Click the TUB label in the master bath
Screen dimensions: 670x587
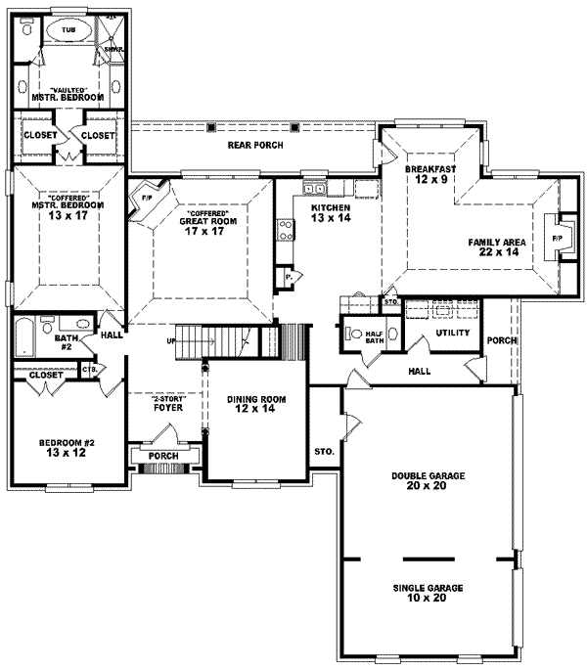coord(68,30)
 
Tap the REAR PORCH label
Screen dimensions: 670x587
coord(255,145)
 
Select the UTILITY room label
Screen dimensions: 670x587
coord(453,333)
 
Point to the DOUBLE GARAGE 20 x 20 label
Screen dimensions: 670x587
coord(428,480)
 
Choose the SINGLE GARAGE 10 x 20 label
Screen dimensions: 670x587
coord(428,592)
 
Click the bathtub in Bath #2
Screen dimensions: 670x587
coord(23,337)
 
